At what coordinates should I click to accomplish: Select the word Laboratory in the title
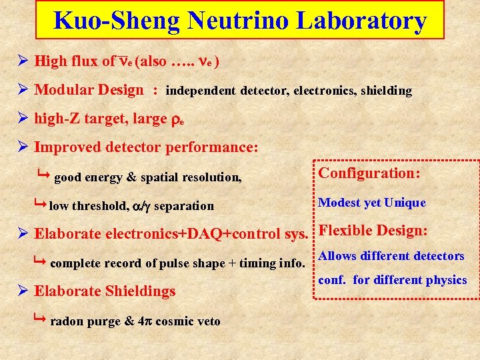click(361, 21)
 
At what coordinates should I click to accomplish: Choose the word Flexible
click(346, 231)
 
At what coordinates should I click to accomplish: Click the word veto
click(207, 321)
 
